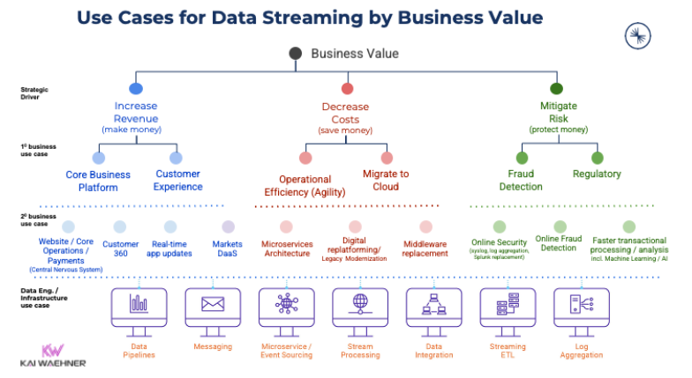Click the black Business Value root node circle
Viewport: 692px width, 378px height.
[x=296, y=54]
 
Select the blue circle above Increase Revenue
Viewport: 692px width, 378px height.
[x=135, y=89]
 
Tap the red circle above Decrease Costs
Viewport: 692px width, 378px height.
[x=347, y=89]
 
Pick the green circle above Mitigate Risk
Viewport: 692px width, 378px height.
[x=557, y=89]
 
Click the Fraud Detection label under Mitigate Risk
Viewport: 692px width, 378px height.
[x=521, y=181]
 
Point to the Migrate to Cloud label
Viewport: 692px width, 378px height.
[x=386, y=181]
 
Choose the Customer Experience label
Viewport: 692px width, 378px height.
[x=178, y=181]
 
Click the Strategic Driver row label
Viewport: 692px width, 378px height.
[x=34, y=93]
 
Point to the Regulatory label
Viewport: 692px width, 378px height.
[x=596, y=174]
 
